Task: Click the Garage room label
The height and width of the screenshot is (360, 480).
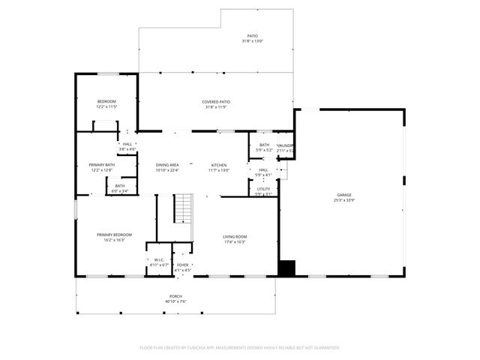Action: [x=343, y=195]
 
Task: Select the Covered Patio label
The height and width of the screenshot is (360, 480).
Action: [x=215, y=101]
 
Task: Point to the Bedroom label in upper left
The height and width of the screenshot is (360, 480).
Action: [x=106, y=101]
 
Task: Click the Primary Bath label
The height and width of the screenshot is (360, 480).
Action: [x=101, y=165]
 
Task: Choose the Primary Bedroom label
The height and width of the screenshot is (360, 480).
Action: [x=109, y=235]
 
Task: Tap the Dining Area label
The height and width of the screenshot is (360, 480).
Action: [x=167, y=165]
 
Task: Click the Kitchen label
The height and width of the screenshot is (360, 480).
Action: [x=219, y=165]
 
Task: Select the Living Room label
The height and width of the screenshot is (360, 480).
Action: [x=235, y=237]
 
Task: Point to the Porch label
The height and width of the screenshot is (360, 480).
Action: [x=175, y=296]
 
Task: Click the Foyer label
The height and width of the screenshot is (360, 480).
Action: [x=182, y=265]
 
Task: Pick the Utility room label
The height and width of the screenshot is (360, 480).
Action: [x=263, y=189]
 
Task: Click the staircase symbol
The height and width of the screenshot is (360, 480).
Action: [x=184, y=208]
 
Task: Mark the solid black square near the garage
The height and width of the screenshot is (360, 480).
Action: [x=286, y=268]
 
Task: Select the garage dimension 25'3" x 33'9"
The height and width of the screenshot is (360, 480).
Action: [x=343, y=200]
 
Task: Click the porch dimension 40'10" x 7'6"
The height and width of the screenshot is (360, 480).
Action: [x=175, y=301]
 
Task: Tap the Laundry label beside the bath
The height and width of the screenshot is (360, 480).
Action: [x=285, y=145]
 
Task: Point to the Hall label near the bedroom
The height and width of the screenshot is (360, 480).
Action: [x=127, y=144]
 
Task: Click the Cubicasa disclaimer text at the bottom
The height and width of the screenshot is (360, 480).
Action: [x=240, y=347]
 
